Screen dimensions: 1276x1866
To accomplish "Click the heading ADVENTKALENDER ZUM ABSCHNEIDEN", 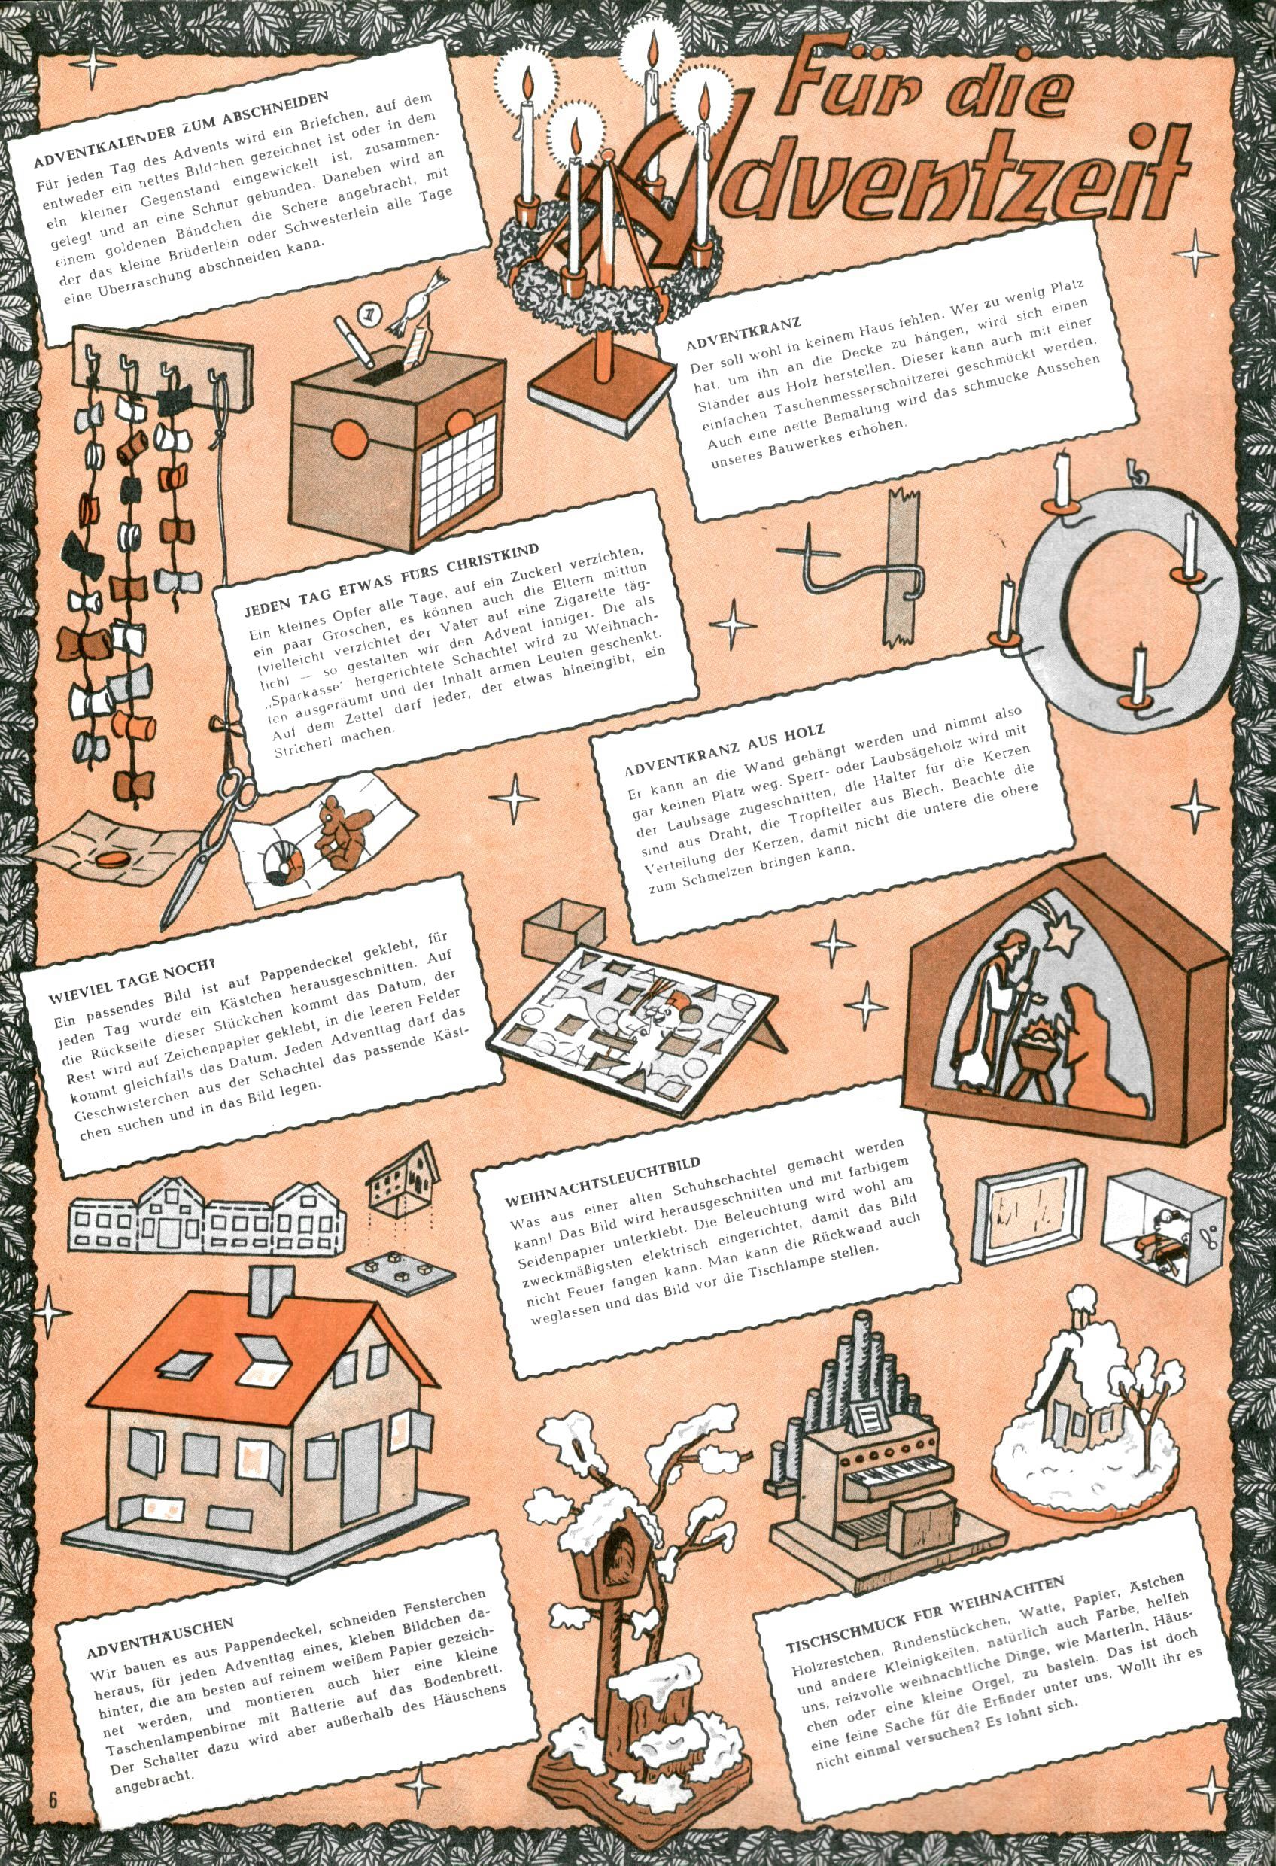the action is click(182, 129).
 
